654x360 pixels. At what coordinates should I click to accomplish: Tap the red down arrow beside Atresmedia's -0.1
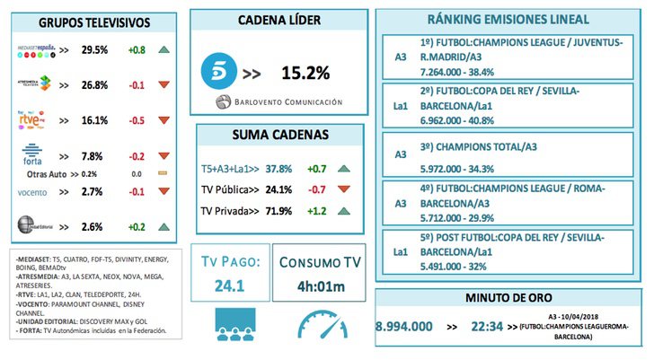[164, 85]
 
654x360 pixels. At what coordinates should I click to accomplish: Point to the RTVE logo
[34, 119]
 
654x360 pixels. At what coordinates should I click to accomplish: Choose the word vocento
[35, 192]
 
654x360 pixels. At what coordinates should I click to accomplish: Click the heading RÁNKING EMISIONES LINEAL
[508, 19]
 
